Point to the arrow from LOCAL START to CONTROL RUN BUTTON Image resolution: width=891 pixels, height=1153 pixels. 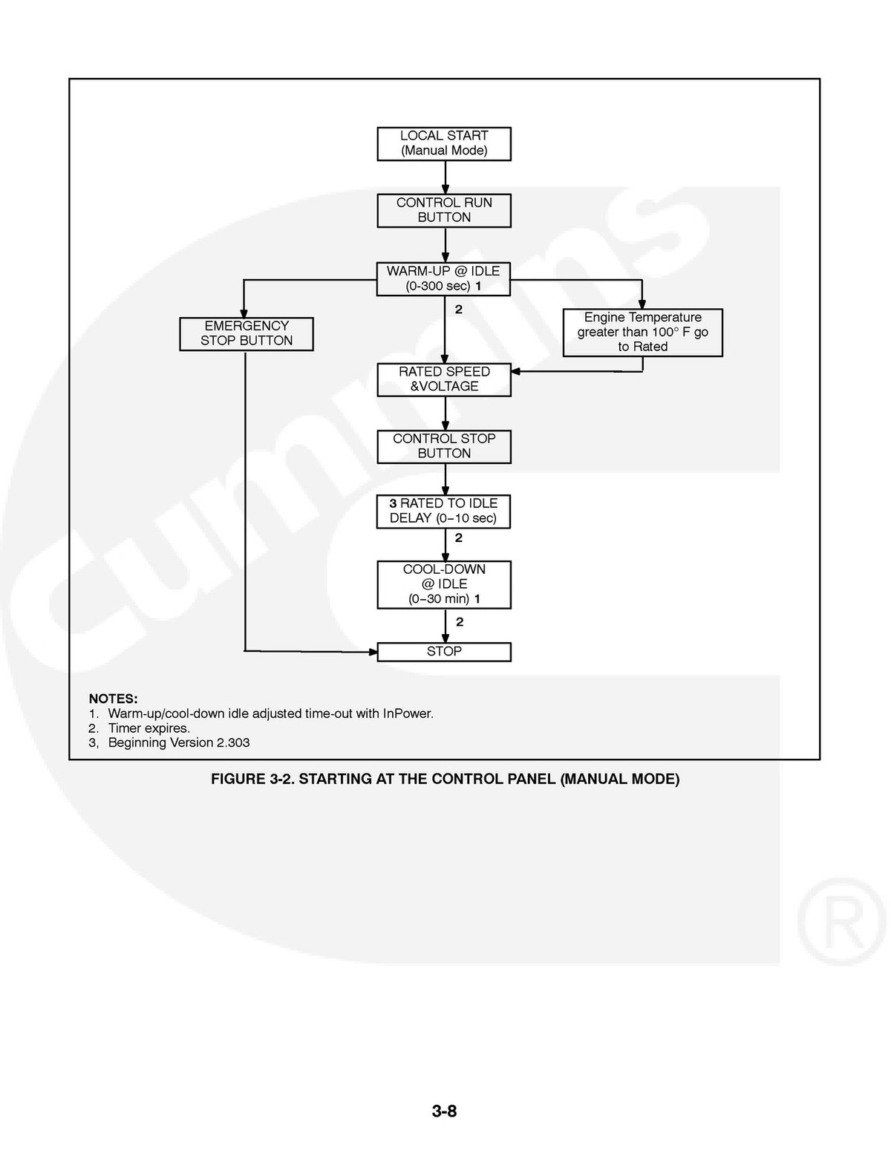click(x=446, y=177)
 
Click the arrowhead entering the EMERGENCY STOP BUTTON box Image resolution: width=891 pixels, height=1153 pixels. click(x=244, y=313)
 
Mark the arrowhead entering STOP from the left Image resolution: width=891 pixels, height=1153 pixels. click(x=373, y=651)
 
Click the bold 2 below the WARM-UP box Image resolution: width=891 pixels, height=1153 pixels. click(x=459, y=310)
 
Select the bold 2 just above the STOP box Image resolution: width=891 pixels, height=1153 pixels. click(x=460, y=621)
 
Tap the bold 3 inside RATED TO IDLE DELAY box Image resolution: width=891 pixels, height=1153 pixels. click(x=393, y=503)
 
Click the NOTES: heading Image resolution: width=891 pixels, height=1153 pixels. click(x=113, y=699)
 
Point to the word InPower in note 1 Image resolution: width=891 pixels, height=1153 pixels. click(x=408, y=713)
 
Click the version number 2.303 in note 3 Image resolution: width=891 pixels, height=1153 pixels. click(x=232, y=742)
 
